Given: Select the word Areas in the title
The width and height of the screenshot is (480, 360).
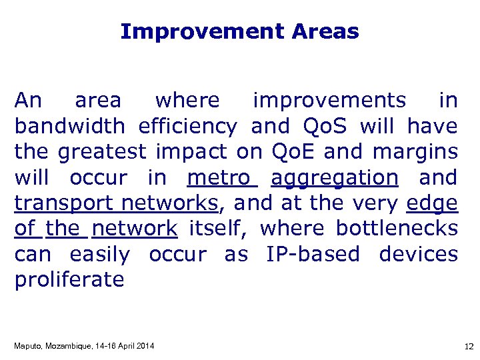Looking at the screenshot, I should pyautogui.click(x=325, y=31).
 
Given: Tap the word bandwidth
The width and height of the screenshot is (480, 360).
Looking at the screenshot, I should pyautogui.click(x=69, y=126).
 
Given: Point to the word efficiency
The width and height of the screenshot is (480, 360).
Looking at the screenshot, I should pyautogui.click(x=187, y=126).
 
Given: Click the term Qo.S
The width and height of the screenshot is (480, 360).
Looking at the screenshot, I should pyautogui.click(x=325, y=126).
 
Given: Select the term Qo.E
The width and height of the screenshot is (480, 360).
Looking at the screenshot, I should pyautogui.click(x=294, y=152).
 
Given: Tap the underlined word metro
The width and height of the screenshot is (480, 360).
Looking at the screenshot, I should pyautogui.click(x=222, y=178).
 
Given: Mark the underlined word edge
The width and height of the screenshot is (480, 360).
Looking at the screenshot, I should pyautogui.click(x=431, y=203).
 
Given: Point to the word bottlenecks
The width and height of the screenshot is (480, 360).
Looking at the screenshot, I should pyautogui.click(x=397, y=229).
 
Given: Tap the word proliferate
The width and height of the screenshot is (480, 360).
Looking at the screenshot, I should pyautogui.click(x=69, y=280).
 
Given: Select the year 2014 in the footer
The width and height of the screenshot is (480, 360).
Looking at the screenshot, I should pyautogui.click(x=144, y=345).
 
